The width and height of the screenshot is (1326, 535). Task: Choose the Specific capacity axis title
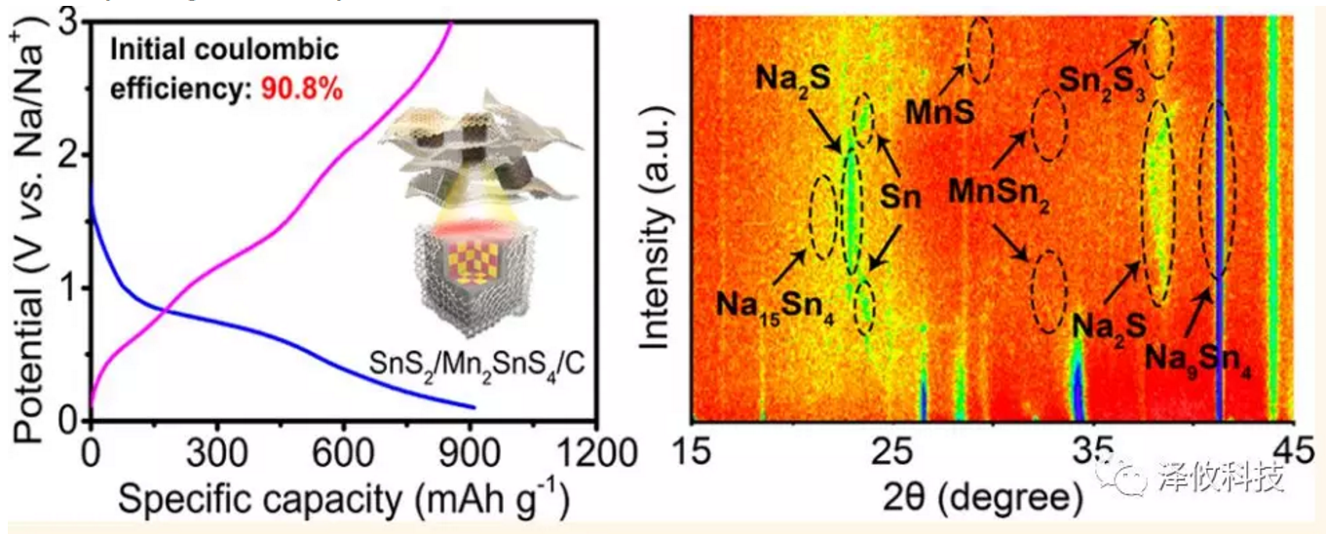(x=342, y=501)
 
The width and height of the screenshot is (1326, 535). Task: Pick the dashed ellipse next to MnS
(x=979, y=45)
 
